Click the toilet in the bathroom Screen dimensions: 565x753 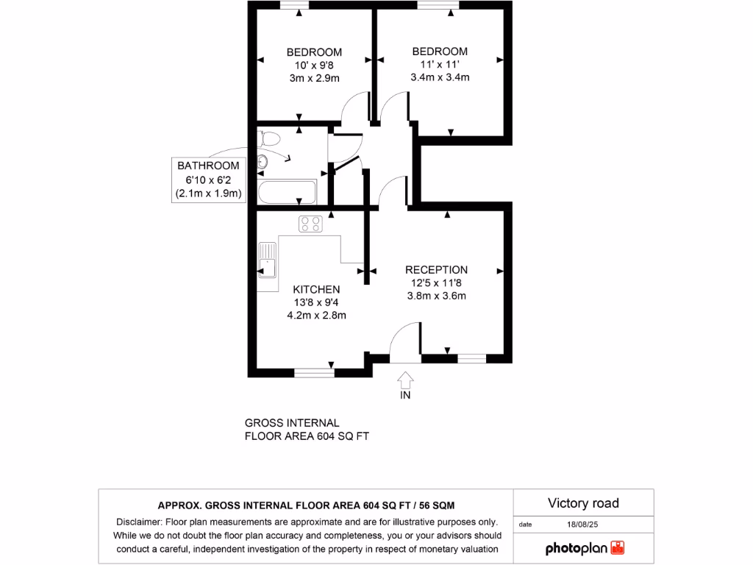270,138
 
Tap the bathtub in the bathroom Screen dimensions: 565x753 287,193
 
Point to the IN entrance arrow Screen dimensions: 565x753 404,380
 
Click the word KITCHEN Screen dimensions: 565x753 316,289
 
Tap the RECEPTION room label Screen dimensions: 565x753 436,270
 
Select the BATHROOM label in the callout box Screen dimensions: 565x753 208,166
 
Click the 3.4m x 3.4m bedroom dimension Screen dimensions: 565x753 440,77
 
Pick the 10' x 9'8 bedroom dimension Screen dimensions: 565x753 314,65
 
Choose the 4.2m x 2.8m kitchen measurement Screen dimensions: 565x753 316,315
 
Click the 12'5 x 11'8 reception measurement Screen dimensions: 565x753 437,283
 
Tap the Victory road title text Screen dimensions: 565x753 583,503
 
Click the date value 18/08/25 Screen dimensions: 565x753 583,525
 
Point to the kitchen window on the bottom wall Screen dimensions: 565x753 314,372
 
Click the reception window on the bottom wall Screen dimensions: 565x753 471,358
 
